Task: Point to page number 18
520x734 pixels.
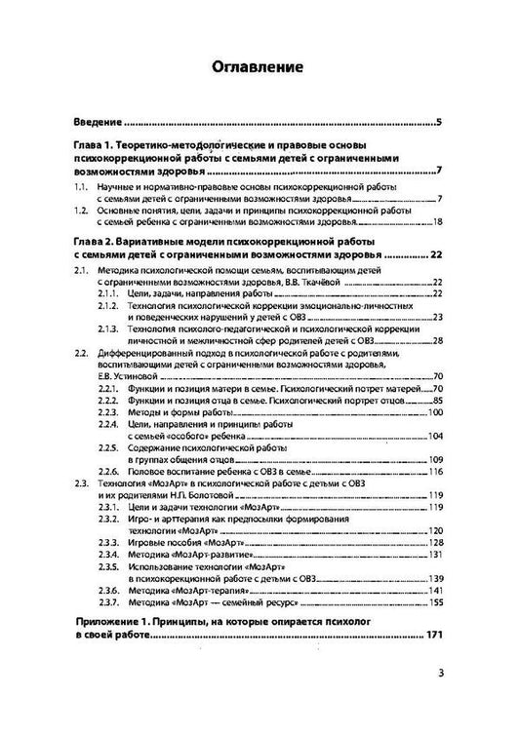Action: [x=438, y=221]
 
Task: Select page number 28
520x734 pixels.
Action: [x=438, y=341]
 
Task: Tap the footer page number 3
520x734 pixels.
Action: [x=440, y=698]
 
